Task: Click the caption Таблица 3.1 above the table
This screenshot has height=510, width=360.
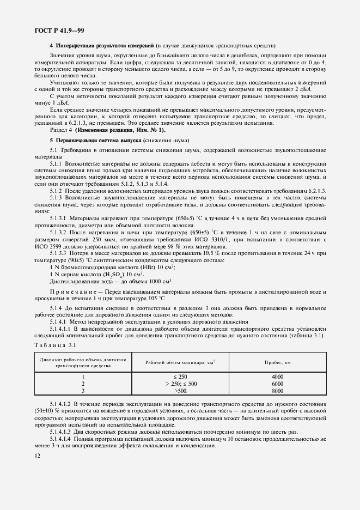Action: [x=52, y=345]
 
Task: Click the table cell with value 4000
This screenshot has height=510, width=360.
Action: [x=278, y=377]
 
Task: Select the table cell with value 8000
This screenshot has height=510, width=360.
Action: [x=278, y=390]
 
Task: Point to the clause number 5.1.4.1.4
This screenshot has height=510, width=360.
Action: [x=63, y=439]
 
